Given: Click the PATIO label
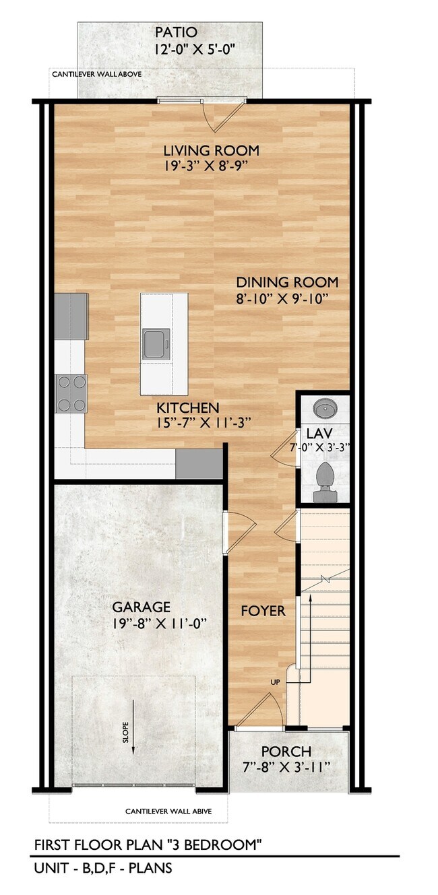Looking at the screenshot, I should pos(176,32).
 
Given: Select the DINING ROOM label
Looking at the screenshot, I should pos(287,282).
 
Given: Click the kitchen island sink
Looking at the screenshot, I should pos(156,343).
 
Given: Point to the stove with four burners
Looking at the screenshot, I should pos(71,393).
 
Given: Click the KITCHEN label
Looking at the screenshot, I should pos(188,408).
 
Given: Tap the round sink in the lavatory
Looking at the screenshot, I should pos(323,409).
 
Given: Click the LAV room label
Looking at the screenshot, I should pos(317,432).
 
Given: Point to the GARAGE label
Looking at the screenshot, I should pos(141,607).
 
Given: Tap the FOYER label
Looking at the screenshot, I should pos(263,611).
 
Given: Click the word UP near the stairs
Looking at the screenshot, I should pos(275,683).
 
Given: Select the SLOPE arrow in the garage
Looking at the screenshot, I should pos(133,728).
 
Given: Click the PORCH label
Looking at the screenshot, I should pos(286,751).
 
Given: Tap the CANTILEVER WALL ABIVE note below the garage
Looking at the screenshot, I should pos(168,811).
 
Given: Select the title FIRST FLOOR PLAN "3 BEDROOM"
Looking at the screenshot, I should pos(148,845).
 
